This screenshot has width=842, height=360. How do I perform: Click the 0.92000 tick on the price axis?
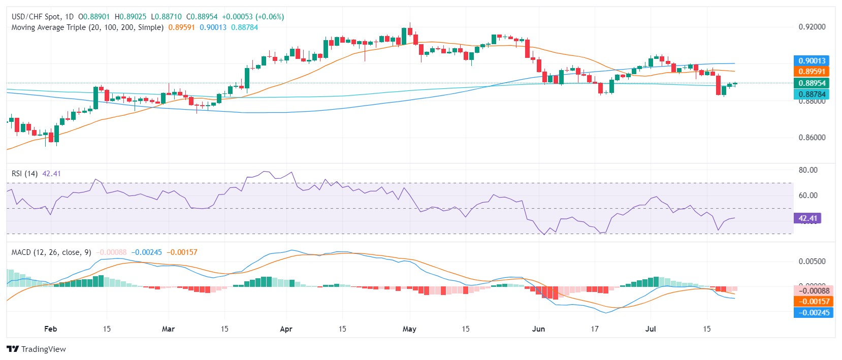click(812, 27)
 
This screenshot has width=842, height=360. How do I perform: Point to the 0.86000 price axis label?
click(812, 138)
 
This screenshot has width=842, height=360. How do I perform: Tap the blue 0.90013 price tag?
click(812, 61)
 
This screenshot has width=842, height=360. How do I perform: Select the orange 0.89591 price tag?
click(812, 72)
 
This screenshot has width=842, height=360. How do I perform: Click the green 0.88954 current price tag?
click(812, 83)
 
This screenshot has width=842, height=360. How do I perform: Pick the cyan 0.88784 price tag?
click(812, 94)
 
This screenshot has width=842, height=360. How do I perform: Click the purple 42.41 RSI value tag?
click(807, 218)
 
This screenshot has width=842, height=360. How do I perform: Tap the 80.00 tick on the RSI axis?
click(808, 170)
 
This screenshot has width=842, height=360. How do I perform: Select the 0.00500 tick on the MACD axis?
click(812, 261)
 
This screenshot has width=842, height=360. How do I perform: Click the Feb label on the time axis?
click(51, 329)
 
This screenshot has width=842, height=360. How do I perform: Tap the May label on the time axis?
click(409, 329)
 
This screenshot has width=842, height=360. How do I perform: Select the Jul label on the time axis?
click(651, 329)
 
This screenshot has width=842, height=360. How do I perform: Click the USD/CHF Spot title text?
click(36, 17)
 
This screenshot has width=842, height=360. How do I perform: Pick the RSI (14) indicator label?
click(24, 174)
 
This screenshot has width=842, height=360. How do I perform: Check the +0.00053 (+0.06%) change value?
click(253, 17)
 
